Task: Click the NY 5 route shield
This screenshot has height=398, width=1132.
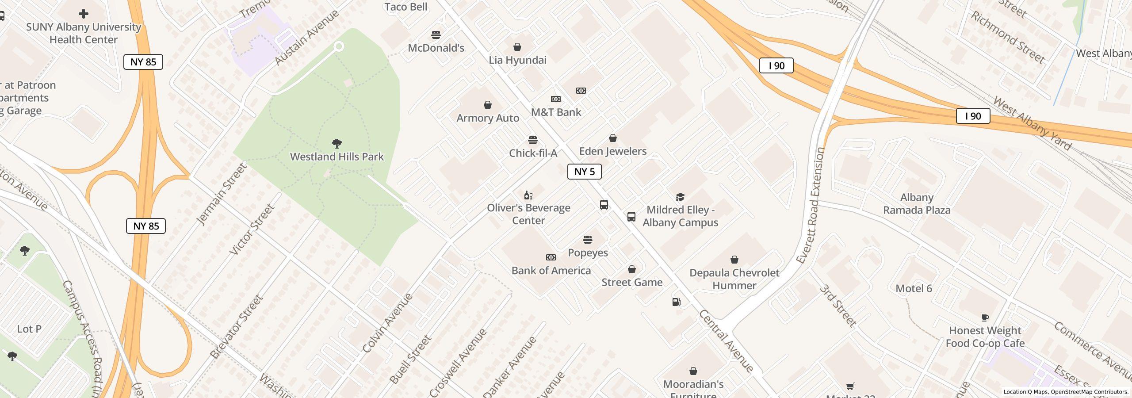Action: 584,172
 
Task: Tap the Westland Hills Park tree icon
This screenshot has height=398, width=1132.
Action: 337,144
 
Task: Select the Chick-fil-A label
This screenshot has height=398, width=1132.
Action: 533,153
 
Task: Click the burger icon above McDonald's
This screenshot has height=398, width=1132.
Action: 436,35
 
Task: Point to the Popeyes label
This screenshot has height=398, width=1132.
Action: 588,253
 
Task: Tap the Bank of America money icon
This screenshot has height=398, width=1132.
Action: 551,257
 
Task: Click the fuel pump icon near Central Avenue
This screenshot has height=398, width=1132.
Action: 676,302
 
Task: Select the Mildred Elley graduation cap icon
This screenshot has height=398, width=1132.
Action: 680,197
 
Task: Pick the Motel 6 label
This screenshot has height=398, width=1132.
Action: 914,289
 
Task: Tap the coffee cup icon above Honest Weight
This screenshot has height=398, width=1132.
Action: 985,318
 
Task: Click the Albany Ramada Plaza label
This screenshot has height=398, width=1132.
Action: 917,204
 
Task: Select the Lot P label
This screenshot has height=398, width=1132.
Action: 29,329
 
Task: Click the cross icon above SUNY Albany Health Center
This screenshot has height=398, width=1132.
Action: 83,14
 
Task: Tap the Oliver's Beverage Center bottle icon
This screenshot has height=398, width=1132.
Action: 528,195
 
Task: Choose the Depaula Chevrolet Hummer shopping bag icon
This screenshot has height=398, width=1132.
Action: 734,260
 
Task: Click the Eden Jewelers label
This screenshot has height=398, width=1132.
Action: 612,151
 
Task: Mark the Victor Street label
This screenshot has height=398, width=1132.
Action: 252,230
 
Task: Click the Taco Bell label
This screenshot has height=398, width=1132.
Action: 405,7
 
